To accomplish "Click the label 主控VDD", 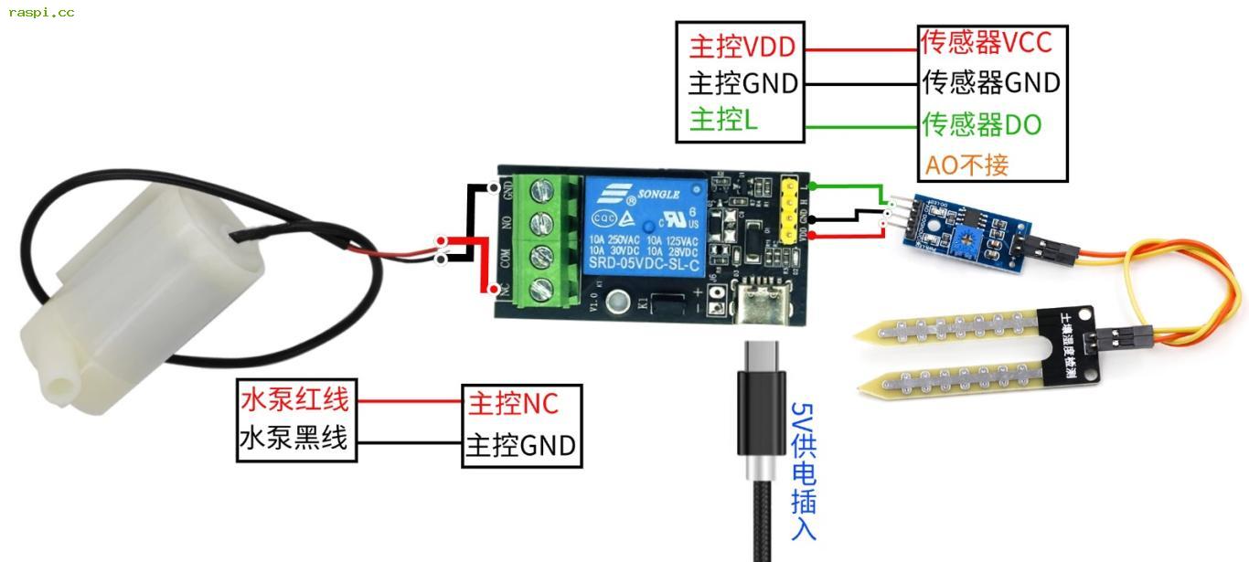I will pyautogui.click(x=742, y=47).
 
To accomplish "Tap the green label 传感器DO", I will pyautogui.click(x=982, y=124).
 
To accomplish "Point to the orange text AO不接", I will pyautogui.click(x=966, y=165).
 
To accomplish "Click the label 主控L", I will pyautogui.click(x=723, y=121).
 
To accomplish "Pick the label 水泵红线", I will pyautogui.click(x=294, y=399).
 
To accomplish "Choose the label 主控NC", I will pyautogui.click(x=512, y=402).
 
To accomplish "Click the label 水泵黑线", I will pyautogui.click(x=294, y=438).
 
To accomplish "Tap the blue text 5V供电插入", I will pyautogui.click(x=803, y=471).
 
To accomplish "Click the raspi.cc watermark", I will pyautogui.click(x=41, y=13).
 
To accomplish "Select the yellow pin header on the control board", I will pyautogui.click(x=789, y=210).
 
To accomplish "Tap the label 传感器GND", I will pyautogui.click(x=991, y=83).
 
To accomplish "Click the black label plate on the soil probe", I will pyautogui.click(x=1067, y=344).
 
